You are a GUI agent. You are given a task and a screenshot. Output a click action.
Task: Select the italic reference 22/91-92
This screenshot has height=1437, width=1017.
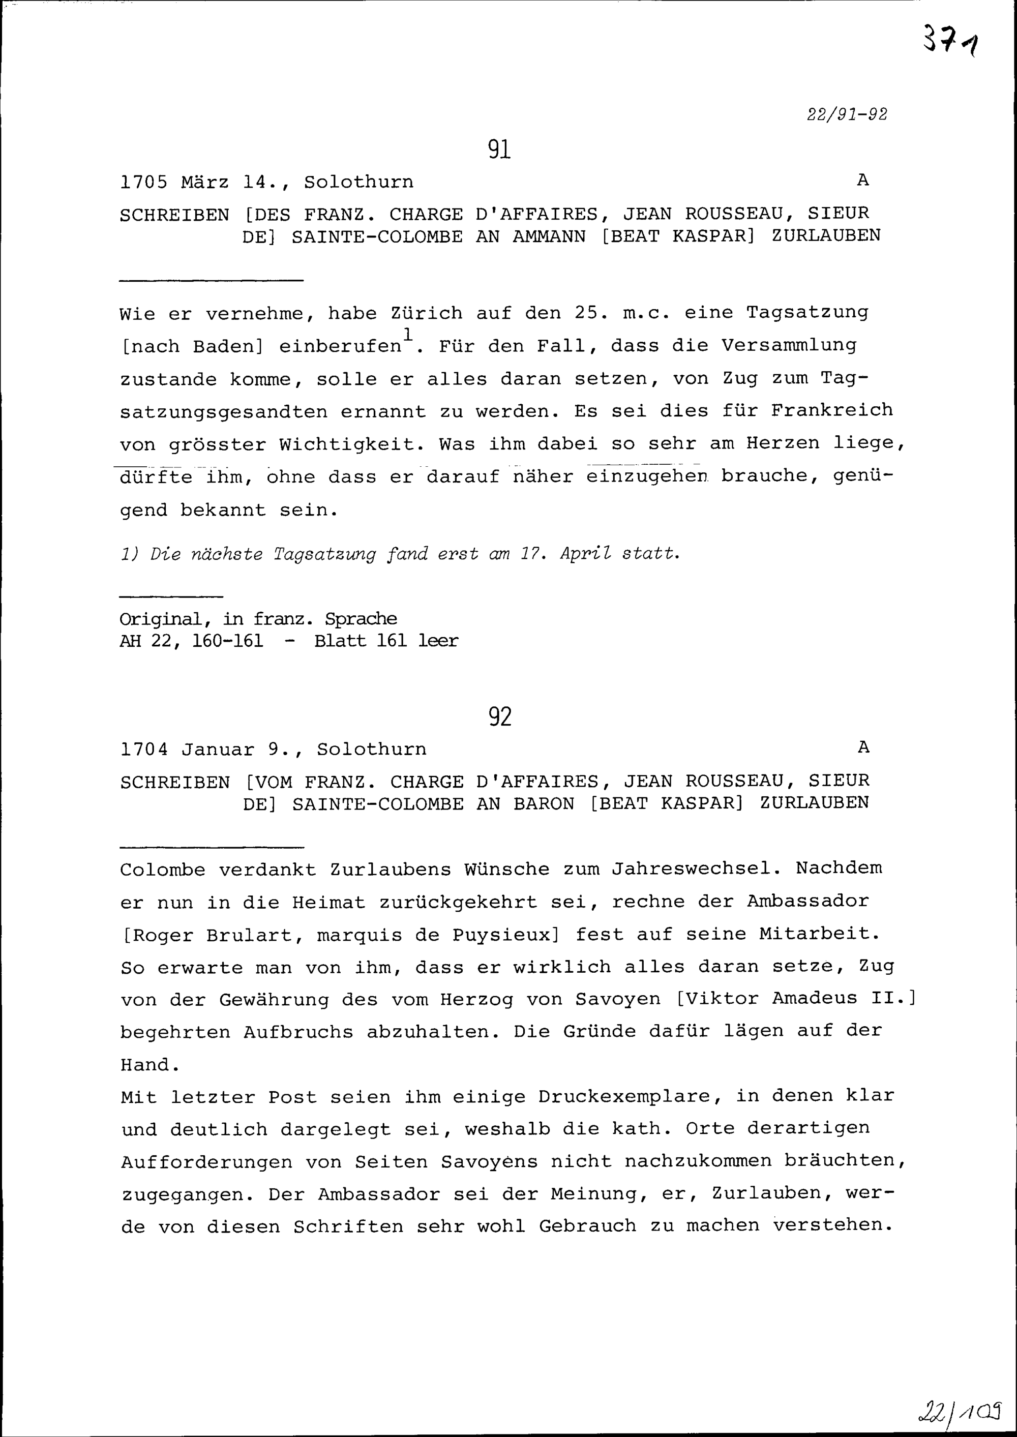click(847, 114)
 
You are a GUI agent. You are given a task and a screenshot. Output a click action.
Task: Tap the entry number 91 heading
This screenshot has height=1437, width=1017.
click(499, 149)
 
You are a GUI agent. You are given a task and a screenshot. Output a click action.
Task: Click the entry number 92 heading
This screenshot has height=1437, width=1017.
click(500, 716)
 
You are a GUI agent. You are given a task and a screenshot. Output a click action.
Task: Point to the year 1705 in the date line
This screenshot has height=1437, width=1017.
click(143, 182)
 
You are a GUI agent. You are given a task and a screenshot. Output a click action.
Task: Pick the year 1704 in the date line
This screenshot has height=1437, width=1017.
click(144, 749)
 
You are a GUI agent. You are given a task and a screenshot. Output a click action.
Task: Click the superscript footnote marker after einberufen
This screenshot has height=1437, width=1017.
click(408, 333)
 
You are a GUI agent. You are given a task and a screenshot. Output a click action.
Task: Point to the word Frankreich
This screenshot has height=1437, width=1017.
click(831, 410)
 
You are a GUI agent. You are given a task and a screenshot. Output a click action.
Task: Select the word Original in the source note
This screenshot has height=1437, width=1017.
click(160, 619)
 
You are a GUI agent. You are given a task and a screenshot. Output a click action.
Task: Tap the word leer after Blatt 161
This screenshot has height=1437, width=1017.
click(438, 641)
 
